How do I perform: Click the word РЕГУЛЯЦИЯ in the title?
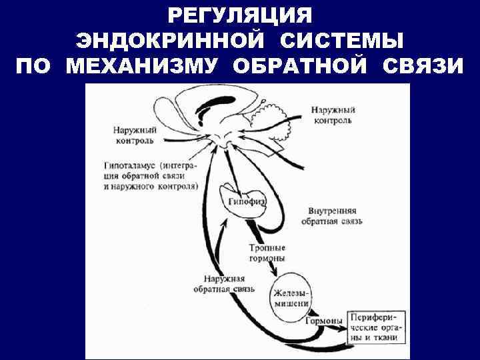click(240, 15)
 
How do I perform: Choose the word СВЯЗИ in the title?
click(423, 67)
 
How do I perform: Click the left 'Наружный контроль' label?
click(133, 137)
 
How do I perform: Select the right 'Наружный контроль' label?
click(333, 114)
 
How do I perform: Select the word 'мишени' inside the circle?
click(291, 303)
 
